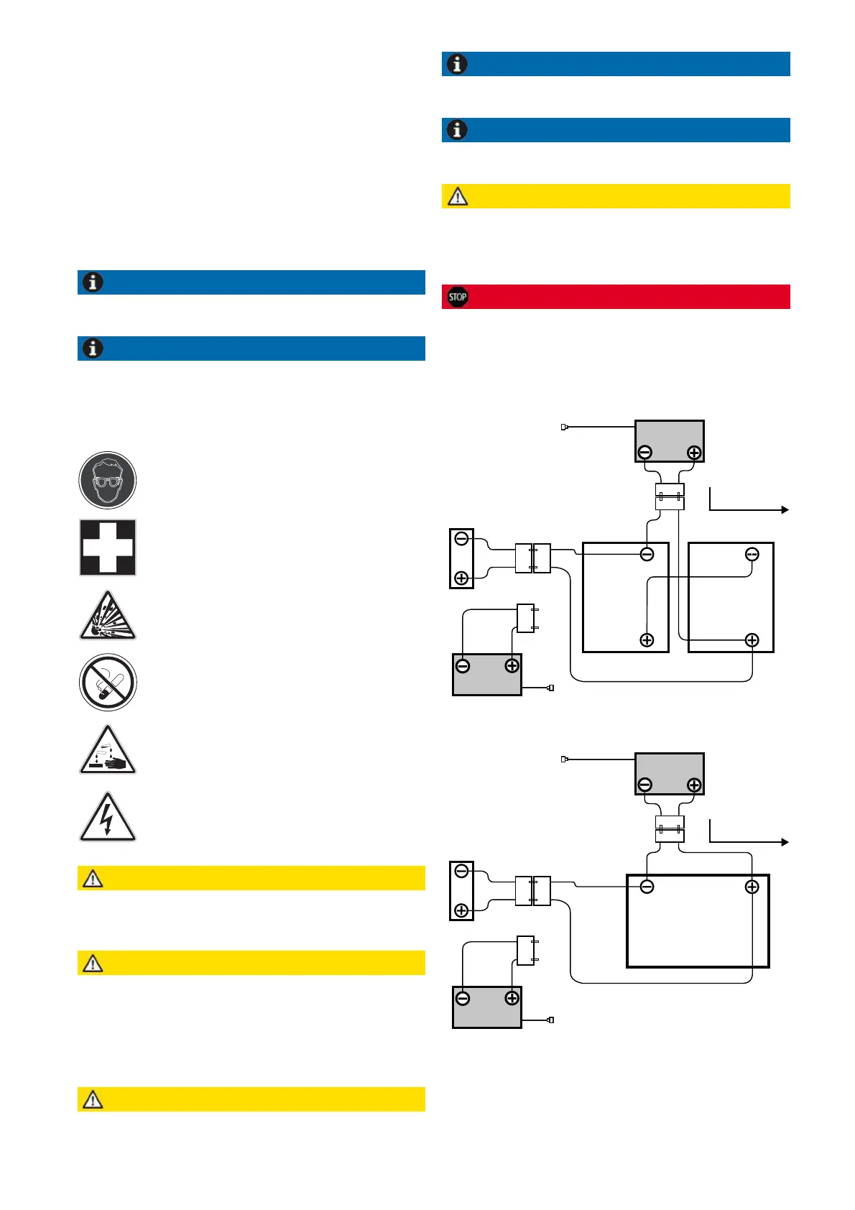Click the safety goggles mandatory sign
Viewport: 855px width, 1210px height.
point(108,480)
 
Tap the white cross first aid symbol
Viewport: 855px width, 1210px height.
point(108,548)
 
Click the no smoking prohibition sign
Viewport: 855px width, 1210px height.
point(108,683)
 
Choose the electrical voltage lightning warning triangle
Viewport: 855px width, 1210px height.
point(108,819)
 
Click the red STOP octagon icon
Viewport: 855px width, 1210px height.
point(458,297)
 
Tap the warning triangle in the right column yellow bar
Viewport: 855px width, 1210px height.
point(458,196)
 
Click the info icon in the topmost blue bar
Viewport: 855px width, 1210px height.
point(458,64)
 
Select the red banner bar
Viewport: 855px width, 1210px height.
point(616,297)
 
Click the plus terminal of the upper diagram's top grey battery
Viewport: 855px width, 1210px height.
point(694,453)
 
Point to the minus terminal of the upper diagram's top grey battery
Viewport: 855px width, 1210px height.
point(645,453)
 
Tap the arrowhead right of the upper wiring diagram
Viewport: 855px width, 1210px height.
point(785,509)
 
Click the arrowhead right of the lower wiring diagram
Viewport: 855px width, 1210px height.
point(785,842)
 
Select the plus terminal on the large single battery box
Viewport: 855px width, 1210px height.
point(752,887)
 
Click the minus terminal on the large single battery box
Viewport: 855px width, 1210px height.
point(647,887)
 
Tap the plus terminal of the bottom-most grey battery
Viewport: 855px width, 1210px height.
point(512,998)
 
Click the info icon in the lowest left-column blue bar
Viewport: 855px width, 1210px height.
point(93,348)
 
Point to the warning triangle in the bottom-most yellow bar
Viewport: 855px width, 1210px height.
point(93,1099)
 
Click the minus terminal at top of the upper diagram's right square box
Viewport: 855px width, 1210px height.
point(752,555)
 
